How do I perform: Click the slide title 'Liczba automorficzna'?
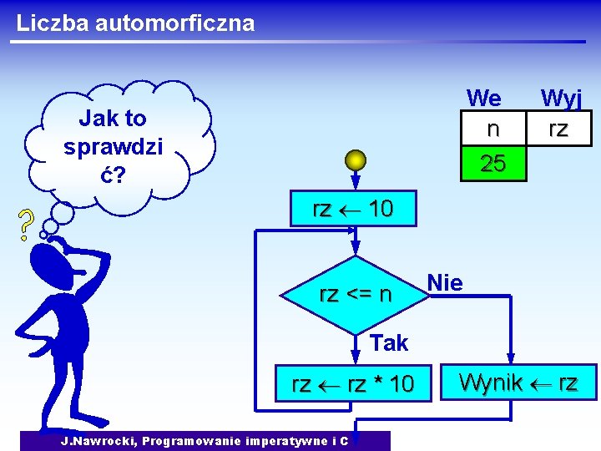click(x=135, y=23)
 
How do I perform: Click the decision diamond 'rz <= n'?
click(x=356, y=294)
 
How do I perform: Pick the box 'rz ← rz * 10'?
click(x=352, y=384)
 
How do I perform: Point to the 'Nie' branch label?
click(x=445, y=283)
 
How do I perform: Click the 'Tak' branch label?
click(x=389, y=342)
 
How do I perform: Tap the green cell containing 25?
click(x=493, y=164)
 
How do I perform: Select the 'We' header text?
click(x=484, y=99)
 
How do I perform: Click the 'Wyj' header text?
click(x=560, y=99)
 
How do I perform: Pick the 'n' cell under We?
click(x=493, y=129)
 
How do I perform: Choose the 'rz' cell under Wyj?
click(x=558, y=129)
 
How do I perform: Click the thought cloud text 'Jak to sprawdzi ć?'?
click(x=113, y=146)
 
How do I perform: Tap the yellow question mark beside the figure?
click(x=26, y=225)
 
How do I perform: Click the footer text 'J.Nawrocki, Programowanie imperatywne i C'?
click(x=205, y=440)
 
